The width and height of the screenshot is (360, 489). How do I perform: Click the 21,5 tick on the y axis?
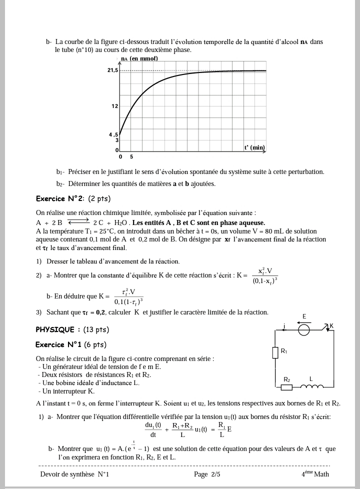click(x=112, y=70)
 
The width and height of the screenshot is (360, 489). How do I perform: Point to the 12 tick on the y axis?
click(x=114, y=106)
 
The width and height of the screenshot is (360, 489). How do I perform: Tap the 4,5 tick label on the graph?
click(x=113, y=135)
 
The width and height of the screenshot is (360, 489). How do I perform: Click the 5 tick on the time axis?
click(x=131, y=157)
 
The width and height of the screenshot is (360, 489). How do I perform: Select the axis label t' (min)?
click(x=254, y=147)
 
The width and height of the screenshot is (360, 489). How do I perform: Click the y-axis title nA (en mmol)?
click(x=139, y=58)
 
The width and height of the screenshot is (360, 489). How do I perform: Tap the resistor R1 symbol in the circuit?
click(x=274, y=352)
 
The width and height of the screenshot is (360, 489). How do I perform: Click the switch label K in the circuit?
click(x=331, y=326)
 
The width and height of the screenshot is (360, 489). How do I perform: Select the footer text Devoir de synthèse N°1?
click(x=74, y=474)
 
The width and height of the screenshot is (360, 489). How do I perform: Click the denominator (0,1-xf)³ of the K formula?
click(x=265, y=281)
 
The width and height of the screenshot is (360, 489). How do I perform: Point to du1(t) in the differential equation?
click(x=153, y=425)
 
